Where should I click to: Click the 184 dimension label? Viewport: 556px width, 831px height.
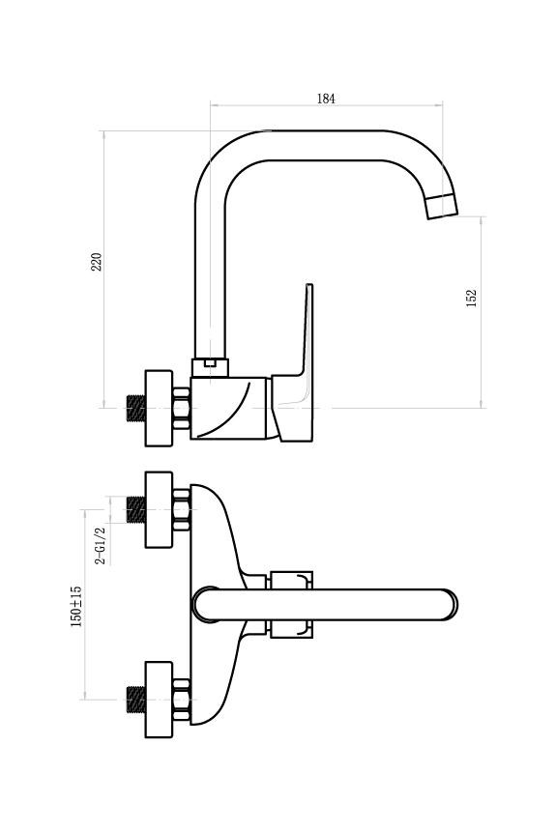(x=326, y=99)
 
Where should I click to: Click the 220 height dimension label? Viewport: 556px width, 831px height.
(x=96, y=262)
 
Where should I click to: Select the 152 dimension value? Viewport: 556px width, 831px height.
(x=471, y=298)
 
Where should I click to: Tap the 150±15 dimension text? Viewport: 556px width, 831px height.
(x=76, y=606)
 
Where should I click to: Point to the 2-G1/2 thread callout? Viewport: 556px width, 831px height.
(x=101, y=545)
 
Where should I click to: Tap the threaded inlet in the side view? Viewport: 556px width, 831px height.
(x=136, y=409)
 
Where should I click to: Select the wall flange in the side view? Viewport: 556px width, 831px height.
(x=159, y=408)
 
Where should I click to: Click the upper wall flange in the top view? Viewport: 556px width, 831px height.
(x=159, y=510)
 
